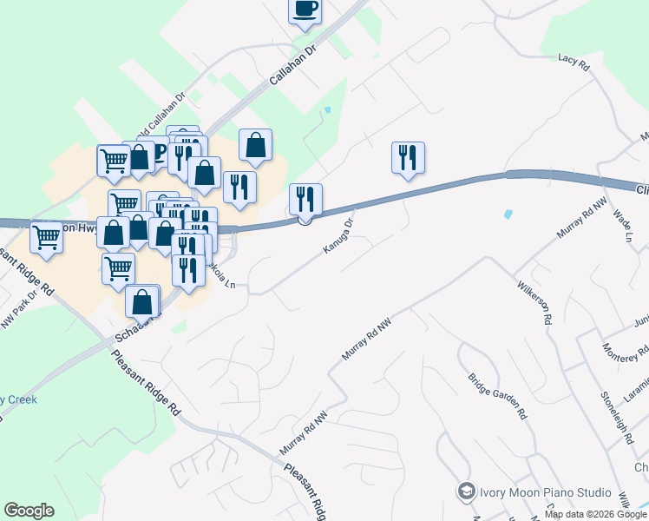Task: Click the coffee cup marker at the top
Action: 305,10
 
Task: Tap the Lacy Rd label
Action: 574,63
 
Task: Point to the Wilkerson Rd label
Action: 534,301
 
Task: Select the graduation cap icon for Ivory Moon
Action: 466,491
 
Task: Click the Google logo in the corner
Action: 29,511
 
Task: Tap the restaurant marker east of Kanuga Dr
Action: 408,158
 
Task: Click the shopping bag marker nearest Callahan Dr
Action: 255,146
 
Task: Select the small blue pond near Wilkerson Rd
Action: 507,214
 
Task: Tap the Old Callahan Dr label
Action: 170,113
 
